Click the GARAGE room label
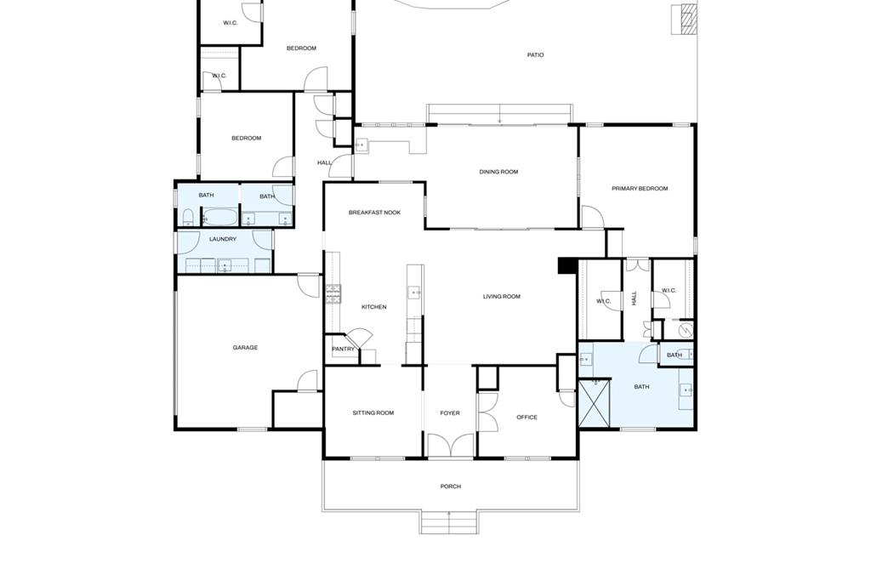[245, 348]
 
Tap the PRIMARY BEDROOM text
[640, 189]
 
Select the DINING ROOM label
[498, 173]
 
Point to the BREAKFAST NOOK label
[374, 213]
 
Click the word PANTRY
[343, 350]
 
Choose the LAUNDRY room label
[223, 240]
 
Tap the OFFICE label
[527, 418]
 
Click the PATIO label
[535, 55]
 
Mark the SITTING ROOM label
[373, 413]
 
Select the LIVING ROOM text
[501, 297]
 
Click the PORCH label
[450, 486]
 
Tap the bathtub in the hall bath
[220, 217]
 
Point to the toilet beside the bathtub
[189, 218]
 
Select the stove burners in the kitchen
[333, 294]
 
